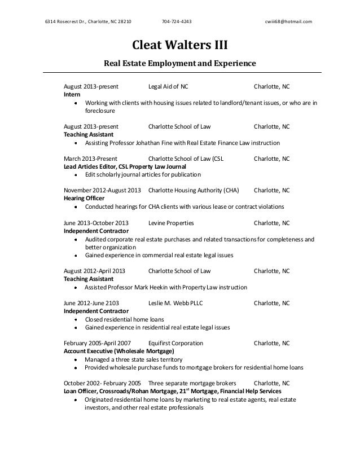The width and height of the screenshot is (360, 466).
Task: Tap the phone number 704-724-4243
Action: pos(176,22)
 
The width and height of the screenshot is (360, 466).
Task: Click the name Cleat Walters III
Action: pos(180,45)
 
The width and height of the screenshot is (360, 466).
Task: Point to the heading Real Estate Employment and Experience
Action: pos(180,64)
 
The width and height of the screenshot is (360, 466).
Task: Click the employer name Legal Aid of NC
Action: pos(168,87)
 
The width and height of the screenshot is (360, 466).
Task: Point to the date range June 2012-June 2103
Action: pos(91,302)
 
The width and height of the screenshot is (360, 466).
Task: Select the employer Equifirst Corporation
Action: pos(175,342)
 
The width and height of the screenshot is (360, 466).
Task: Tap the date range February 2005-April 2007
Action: pos(98,342)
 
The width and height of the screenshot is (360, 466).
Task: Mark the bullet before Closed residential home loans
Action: pos(76,319)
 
